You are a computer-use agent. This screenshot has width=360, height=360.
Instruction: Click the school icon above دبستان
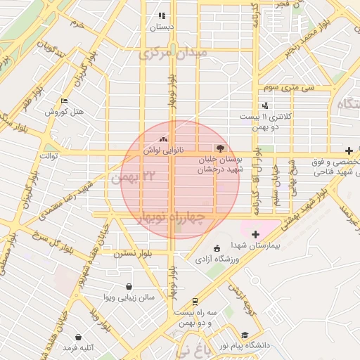tap(162, 15)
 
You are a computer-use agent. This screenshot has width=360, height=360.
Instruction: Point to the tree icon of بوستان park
tap(220, 148)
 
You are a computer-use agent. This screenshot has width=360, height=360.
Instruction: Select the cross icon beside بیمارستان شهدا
tap(255, 233)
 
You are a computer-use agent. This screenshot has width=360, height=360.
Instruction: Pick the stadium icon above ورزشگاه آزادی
tap(217, 247)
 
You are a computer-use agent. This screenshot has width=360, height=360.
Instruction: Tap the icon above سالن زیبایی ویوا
tap(129, 286)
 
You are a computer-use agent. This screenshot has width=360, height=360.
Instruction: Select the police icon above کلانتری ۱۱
tap(265, 105)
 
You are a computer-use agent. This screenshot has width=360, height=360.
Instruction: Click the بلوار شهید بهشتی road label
tap(307, 210)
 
